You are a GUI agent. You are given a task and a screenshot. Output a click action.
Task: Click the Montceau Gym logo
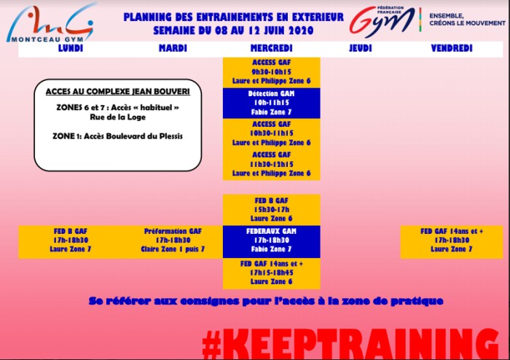pos(51,23)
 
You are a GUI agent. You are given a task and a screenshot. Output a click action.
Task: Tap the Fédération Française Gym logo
pos(382,21)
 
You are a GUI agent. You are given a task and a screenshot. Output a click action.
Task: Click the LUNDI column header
pos(71,48)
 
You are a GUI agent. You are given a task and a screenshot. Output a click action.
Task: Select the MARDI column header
pos(173,48)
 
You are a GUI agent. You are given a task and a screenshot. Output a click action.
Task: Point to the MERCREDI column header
pos(271,48)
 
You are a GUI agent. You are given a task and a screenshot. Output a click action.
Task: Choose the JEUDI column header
pos(360,48)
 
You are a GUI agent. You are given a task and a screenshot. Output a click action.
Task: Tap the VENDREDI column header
pos(452,48)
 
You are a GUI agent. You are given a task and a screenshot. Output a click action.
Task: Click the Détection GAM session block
pos(271,103)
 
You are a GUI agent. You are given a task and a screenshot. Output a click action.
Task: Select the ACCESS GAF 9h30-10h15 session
pos(271,72)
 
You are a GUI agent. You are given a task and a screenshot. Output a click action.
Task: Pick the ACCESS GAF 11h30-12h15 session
pos(271,164)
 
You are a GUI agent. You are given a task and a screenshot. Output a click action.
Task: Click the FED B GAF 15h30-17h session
pos(271,210)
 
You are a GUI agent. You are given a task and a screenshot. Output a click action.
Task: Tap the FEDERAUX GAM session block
pos(271,240)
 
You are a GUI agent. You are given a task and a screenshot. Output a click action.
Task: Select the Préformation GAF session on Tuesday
pos(173,240)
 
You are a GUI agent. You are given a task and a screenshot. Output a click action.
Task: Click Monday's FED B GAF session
pos(70,240)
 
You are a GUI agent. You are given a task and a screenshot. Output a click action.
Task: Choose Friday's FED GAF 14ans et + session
pos(452,240)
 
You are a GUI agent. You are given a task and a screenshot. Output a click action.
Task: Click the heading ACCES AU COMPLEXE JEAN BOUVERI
pos(118,92)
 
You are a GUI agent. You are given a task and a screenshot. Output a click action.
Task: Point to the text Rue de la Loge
pos(118,117)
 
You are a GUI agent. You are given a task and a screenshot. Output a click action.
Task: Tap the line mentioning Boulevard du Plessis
pos(118,136)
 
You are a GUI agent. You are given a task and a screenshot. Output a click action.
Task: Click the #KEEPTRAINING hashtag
pos(350,343)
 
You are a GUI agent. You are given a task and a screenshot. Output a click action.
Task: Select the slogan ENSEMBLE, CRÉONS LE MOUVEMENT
pos(468,20)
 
